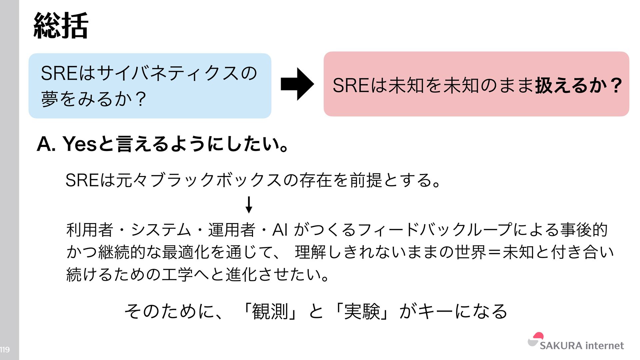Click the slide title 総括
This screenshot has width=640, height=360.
coord(61,26)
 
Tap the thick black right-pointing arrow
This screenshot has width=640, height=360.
coord(297,84)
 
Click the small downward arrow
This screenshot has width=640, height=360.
coord(249,205)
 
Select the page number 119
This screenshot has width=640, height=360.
coord(5,350)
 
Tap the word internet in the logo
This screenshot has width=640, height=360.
coord(604,346)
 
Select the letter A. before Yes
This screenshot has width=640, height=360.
coord(46,144)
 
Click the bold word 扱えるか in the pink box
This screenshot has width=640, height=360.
coord(570,85)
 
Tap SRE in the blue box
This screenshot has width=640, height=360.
coord(59,73)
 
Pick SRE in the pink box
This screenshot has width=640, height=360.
coord(351,85)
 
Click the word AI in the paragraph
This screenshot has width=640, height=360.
coord(280,230)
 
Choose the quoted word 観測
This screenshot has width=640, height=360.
coord(270,312)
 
